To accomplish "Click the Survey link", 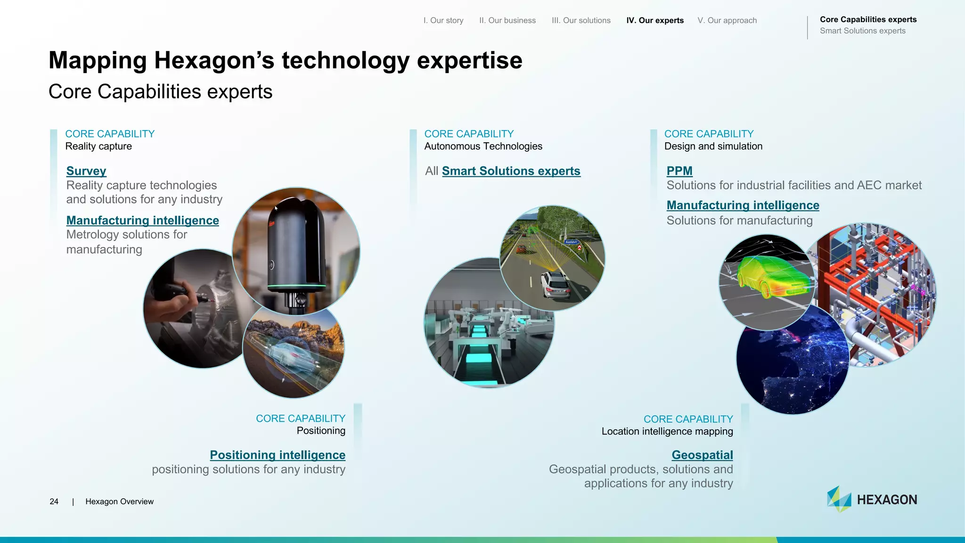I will pos(86,171).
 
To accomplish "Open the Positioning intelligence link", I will pos(278,455).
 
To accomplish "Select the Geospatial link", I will pos(702,455).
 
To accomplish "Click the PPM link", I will pos(679,171).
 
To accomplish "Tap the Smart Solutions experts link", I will pos(511,171).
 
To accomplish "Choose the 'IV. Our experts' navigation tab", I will pos(654,20).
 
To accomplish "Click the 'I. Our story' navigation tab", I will pos(443,20).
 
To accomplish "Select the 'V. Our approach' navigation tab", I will pos(727,20).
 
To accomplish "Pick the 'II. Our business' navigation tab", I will pos(507,20).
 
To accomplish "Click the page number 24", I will pos(54,502).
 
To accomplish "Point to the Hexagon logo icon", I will pos(839,499).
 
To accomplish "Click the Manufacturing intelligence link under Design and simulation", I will pos(743,205).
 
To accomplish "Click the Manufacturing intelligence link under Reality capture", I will pos(142,220).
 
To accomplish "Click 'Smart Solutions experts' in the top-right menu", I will pos(862,31).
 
